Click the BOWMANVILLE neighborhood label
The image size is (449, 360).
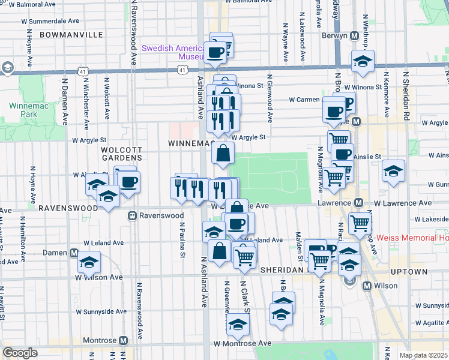tap(71, 35)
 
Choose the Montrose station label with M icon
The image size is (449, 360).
tap(104, 340)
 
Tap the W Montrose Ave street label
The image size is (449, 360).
tap(243, 343)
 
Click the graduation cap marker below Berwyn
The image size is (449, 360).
tap(363, 61)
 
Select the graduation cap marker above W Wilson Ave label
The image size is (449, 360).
tap(89, 262)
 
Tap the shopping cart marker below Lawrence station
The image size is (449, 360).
tap(360, 223)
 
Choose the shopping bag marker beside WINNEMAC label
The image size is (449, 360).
tap(223, 153)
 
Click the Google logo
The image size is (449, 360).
tap(20, 353)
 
